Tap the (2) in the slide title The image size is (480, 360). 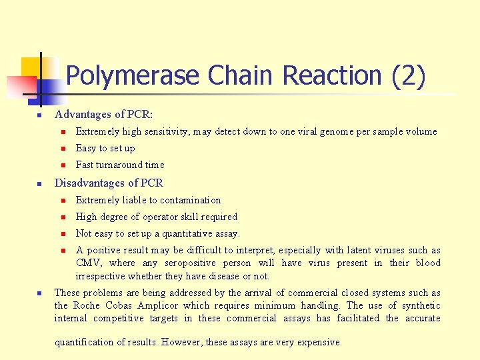408,76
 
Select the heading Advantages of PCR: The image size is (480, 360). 103,115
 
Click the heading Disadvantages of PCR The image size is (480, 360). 109,183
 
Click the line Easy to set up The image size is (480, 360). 105,149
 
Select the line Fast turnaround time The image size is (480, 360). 120,165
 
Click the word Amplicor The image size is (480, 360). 159,305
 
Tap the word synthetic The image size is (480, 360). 419,305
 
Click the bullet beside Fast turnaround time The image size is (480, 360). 61,165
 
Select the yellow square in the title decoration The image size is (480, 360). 31,67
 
